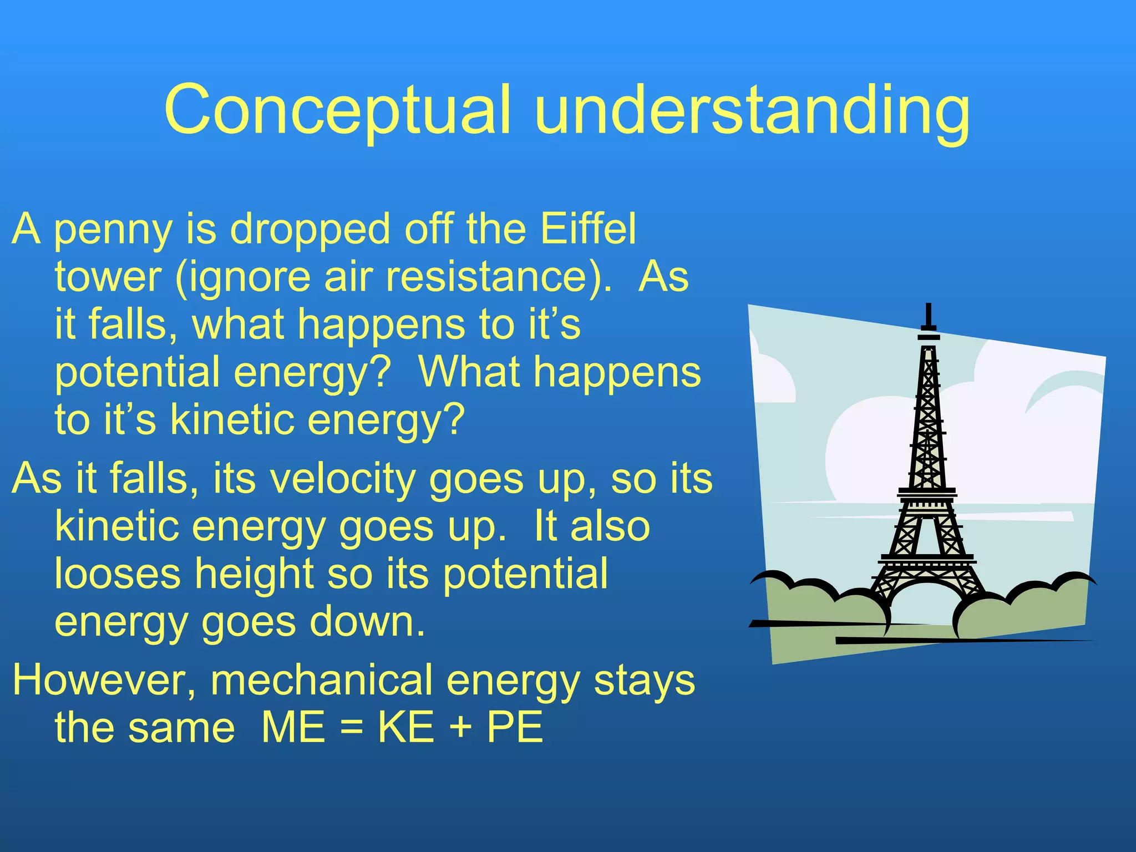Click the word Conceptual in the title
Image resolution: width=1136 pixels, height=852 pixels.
point(337,110)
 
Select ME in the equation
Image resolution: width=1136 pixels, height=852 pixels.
point(293,728)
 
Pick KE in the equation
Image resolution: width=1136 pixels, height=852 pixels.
point(406,728)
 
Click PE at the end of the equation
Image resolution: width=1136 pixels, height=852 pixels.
point(515,728)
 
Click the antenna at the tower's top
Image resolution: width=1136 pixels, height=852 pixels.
point(928,318)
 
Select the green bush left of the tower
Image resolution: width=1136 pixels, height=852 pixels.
point(821,607)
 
